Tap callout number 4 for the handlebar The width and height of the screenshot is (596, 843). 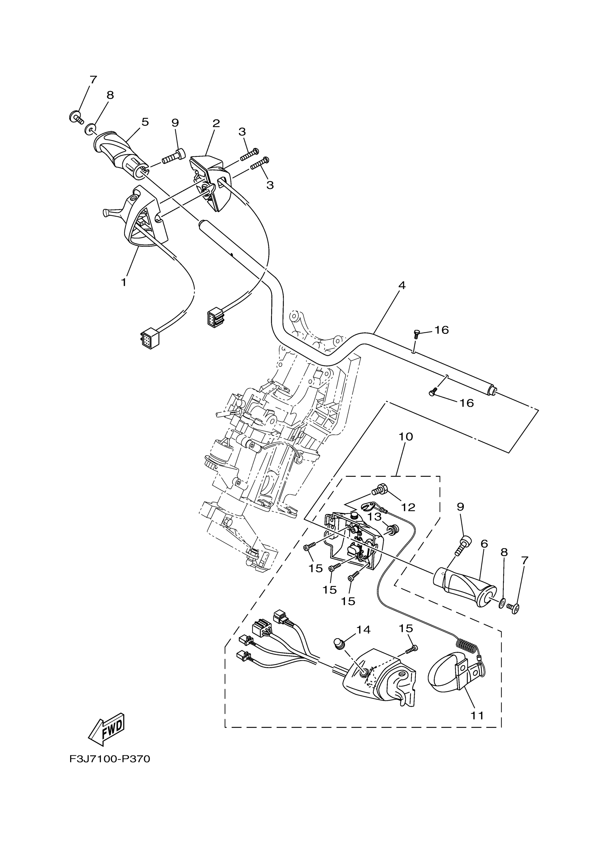pyautogui.click(x=402, y=285)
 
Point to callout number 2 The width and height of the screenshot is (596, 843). pyautogui.click(x=216, y=123)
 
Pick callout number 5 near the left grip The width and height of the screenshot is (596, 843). pyautogui.click(x=145, y=122)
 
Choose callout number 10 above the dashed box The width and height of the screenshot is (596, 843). pyautogui.click(x=406, y=437)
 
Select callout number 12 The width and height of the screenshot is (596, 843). pyautogui.click(x=408, y=507)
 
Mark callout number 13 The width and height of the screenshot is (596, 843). pyautogui.click(x=375, y=517)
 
